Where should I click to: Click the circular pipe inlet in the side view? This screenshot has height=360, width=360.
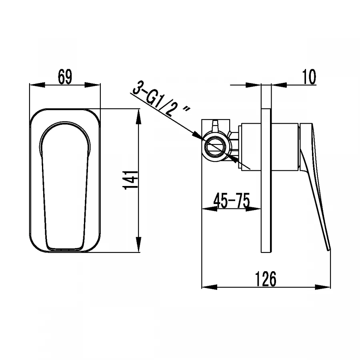216,146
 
